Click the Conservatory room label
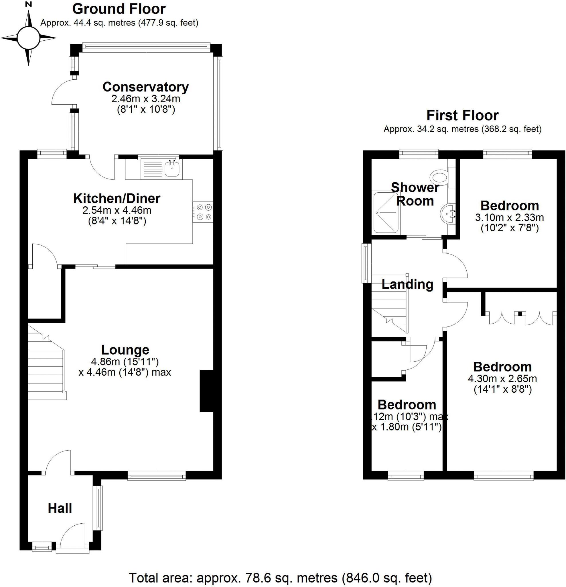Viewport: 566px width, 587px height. pos(145,87)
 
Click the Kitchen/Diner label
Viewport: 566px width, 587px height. pos(117,199)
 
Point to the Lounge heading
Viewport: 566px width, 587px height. pos(125,350)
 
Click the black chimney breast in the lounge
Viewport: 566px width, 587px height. pos(206,391)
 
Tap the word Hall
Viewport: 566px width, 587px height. pos(60,508)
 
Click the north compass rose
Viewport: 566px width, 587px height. pos(28,38)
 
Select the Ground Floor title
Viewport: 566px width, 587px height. pos(119,9)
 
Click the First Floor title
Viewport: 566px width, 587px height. pos(462,115)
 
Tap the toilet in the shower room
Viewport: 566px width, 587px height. pos(439,177)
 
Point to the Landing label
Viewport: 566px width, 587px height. pos(407,284)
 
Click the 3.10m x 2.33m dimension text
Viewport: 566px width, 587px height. pos(509,218)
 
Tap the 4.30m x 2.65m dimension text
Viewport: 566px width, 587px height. pos(502,379)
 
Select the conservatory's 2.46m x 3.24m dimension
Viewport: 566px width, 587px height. pos(145,99)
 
